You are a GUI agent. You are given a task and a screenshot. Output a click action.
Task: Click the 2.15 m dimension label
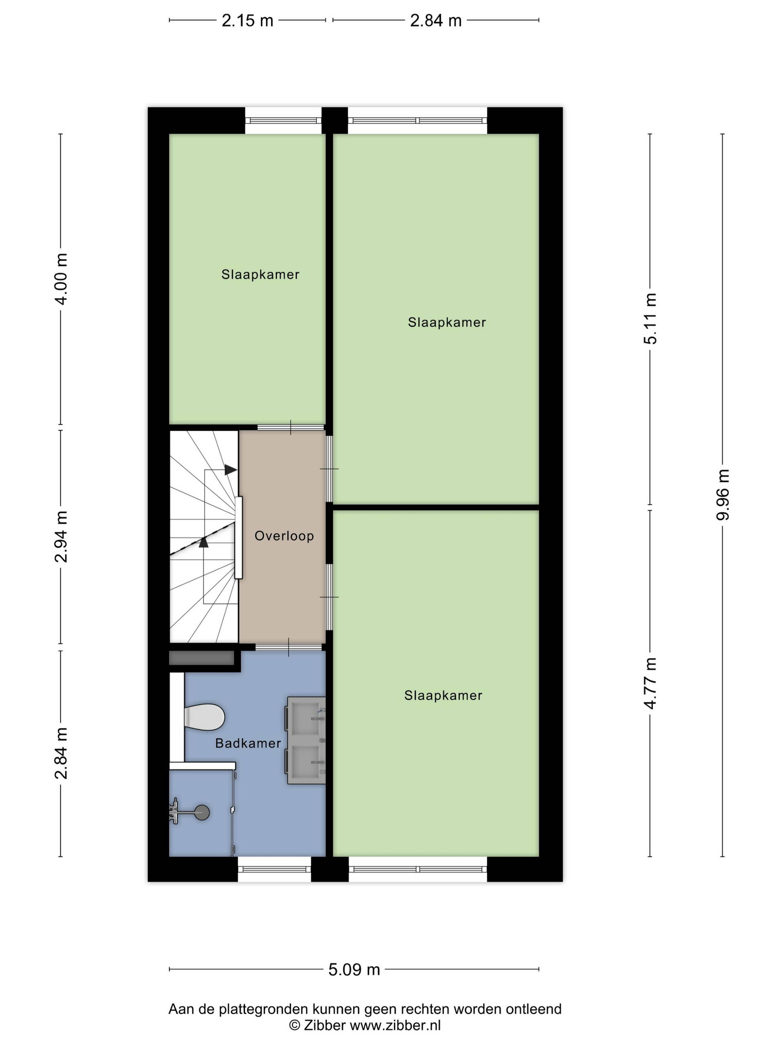(247, 21)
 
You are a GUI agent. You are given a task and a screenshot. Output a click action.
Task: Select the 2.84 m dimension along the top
(435, 21)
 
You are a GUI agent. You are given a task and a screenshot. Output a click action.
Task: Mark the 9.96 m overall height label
(723, 495)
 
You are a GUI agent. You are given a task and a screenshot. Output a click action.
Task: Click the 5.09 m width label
(354, 969)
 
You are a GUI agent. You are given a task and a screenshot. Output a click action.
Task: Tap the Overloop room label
(284, 536)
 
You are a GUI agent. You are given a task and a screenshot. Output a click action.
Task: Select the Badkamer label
(248, 743)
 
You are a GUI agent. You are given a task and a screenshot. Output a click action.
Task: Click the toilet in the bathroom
(204, 717)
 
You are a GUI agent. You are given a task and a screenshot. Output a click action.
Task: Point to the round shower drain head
(202, 812)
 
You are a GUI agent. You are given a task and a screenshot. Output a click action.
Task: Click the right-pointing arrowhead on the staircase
(230, 470)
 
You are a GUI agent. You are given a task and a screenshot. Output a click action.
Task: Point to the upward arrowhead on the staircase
(203, 542)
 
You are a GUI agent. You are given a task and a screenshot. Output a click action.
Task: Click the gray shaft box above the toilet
(201, 658)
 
